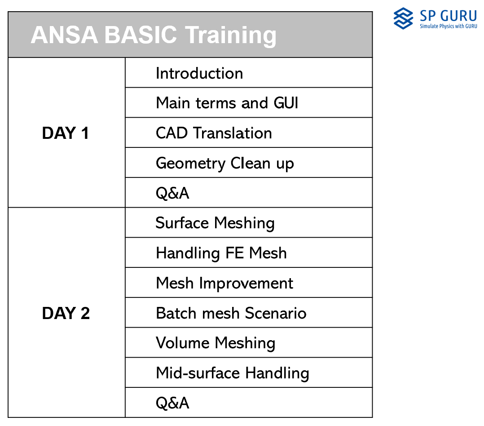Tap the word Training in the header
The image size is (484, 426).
point(230,36)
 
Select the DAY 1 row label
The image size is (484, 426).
point(66,133)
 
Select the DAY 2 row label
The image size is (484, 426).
point(66,313)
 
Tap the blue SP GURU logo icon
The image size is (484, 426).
point(403,18)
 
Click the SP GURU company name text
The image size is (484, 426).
point(449,16)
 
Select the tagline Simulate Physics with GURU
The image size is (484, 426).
point(449,26)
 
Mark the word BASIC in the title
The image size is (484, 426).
point(141,35)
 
